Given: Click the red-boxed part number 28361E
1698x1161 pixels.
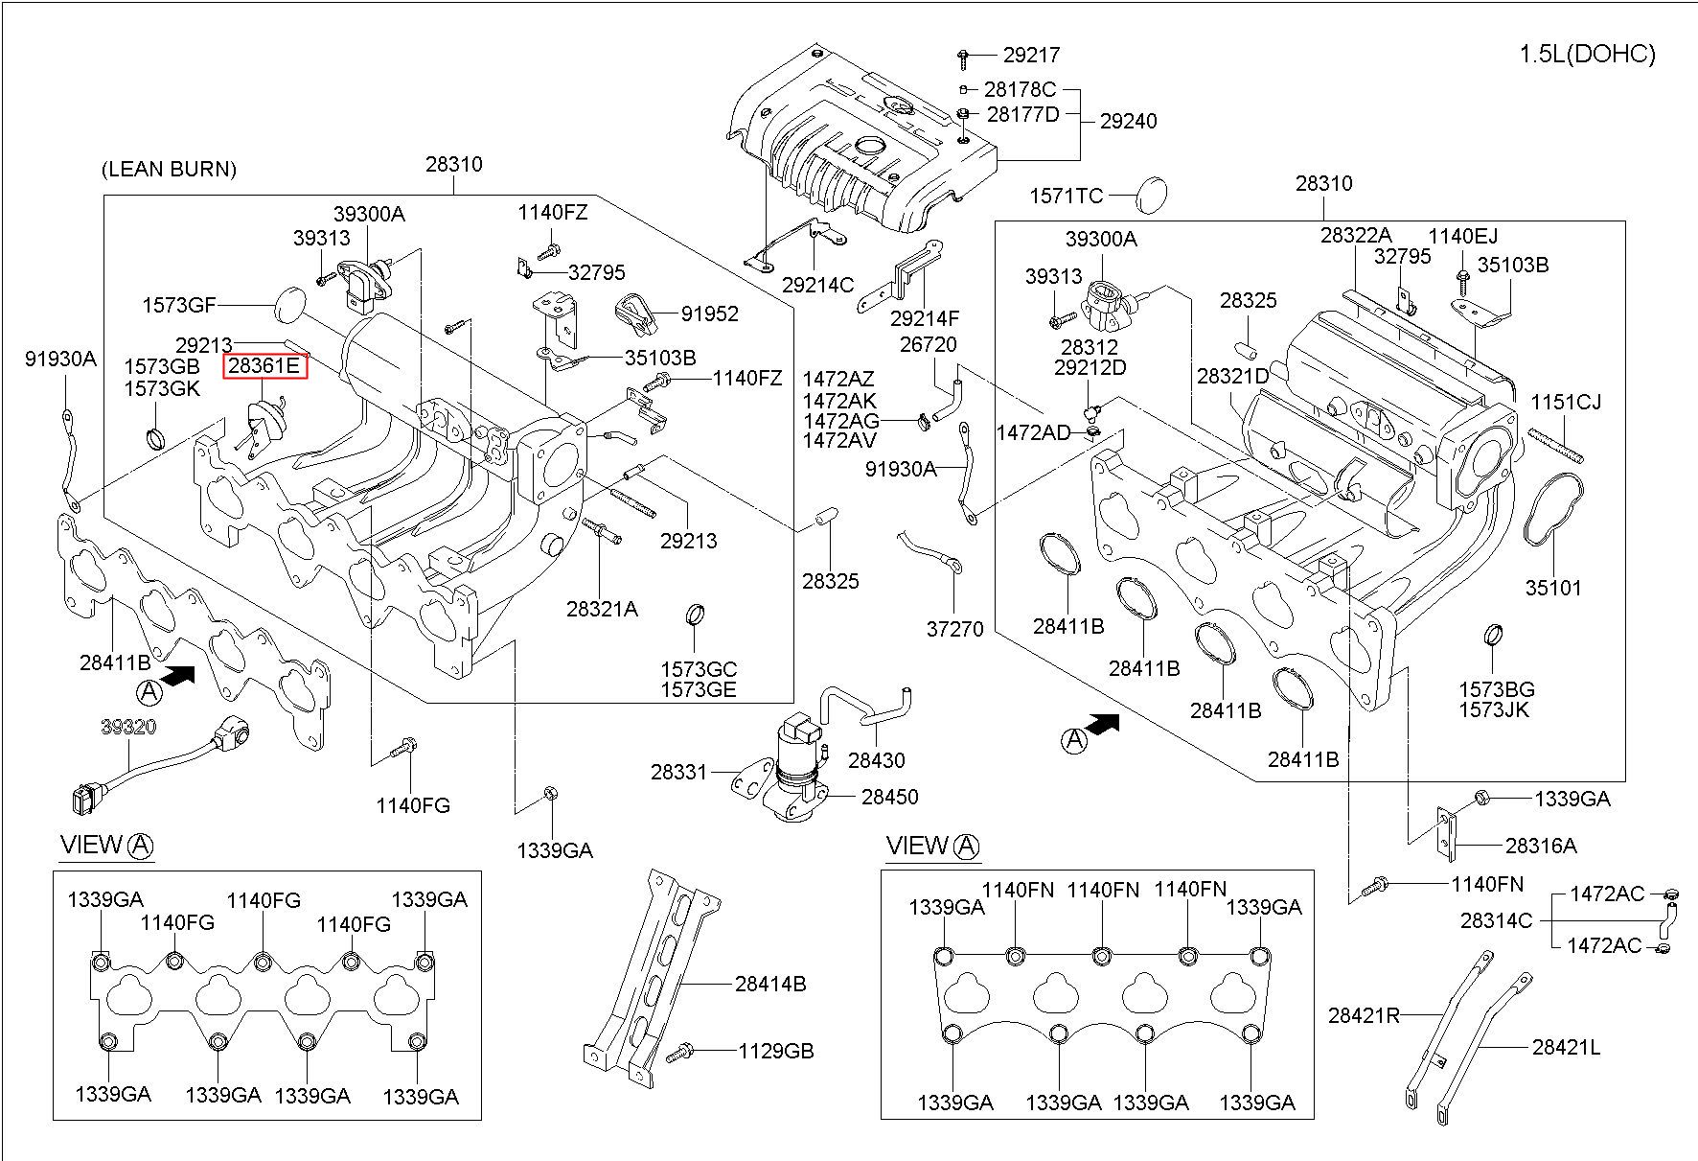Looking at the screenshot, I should click(265, 365).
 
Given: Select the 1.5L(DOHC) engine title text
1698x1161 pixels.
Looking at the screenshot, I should click(1587, 55).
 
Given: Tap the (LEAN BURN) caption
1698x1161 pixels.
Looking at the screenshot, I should click(169, 170).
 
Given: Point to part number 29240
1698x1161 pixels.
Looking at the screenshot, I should click(1128, 121).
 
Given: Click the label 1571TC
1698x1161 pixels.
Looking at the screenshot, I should click(1067, 197).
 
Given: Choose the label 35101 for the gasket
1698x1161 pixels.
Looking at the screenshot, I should click(1553, 588).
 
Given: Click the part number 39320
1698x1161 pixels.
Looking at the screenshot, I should click(128, 728).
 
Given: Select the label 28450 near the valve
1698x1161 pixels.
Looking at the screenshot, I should click(889, 797).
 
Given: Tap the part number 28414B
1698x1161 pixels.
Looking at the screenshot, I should click(770, 984).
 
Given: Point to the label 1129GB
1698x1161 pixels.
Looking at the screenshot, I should click(775, 1052).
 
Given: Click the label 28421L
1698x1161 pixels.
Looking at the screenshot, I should click(1566, 1048).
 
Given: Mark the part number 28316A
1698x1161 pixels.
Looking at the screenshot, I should click(1541, 846).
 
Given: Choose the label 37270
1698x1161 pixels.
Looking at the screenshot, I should click(954, 630).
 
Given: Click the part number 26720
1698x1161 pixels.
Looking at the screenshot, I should click(928, 344).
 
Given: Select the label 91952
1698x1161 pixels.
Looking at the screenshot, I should click(710, 314).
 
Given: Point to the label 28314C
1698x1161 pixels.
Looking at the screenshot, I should click(1496, 920).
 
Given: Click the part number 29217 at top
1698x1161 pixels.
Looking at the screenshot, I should click(1031, 56).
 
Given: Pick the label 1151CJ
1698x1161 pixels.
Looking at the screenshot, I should click(1566, 403).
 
